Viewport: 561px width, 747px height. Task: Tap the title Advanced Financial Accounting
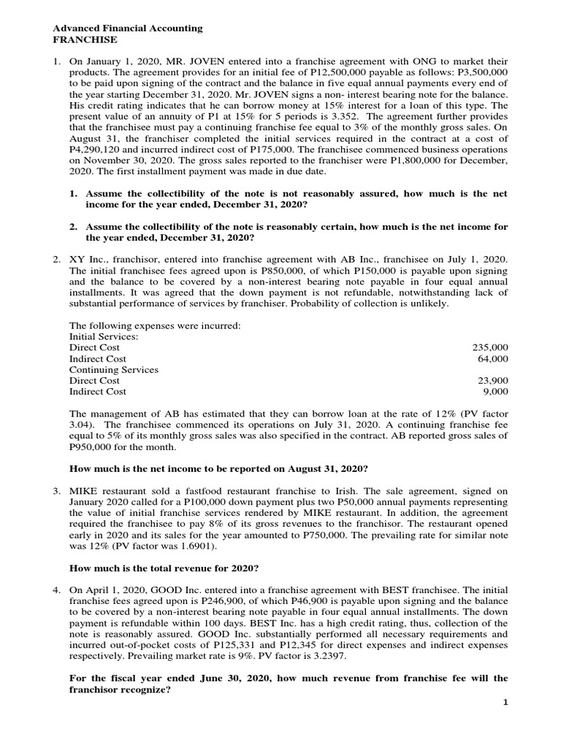[128, 28]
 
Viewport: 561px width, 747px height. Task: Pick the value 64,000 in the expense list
[494, 359]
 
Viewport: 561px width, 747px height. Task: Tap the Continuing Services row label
[113, 370]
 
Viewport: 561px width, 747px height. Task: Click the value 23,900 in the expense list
[494, 381]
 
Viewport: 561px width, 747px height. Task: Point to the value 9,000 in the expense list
[496, 392]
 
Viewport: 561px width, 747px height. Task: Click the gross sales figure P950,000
[93, 446]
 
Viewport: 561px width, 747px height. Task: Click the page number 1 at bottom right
[504, 721]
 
